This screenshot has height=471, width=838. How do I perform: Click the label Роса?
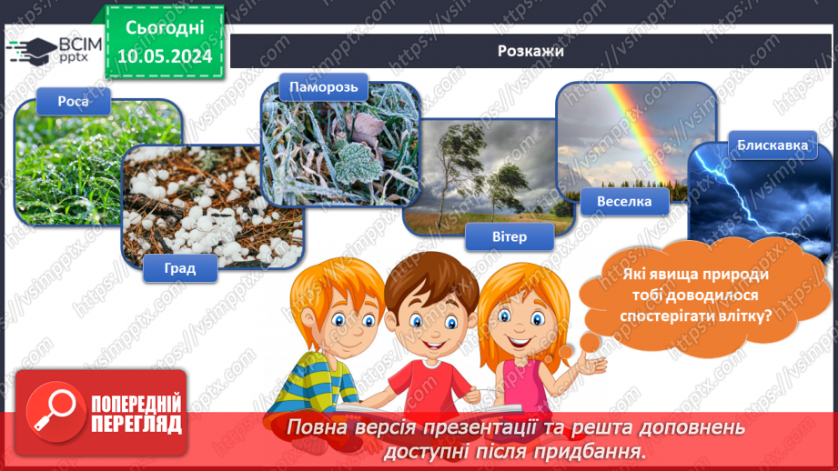74,101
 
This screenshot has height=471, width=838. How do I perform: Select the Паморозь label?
316,88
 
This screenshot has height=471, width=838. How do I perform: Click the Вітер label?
509,237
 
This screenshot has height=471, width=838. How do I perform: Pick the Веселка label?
624,202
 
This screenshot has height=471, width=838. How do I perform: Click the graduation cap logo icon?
35,49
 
